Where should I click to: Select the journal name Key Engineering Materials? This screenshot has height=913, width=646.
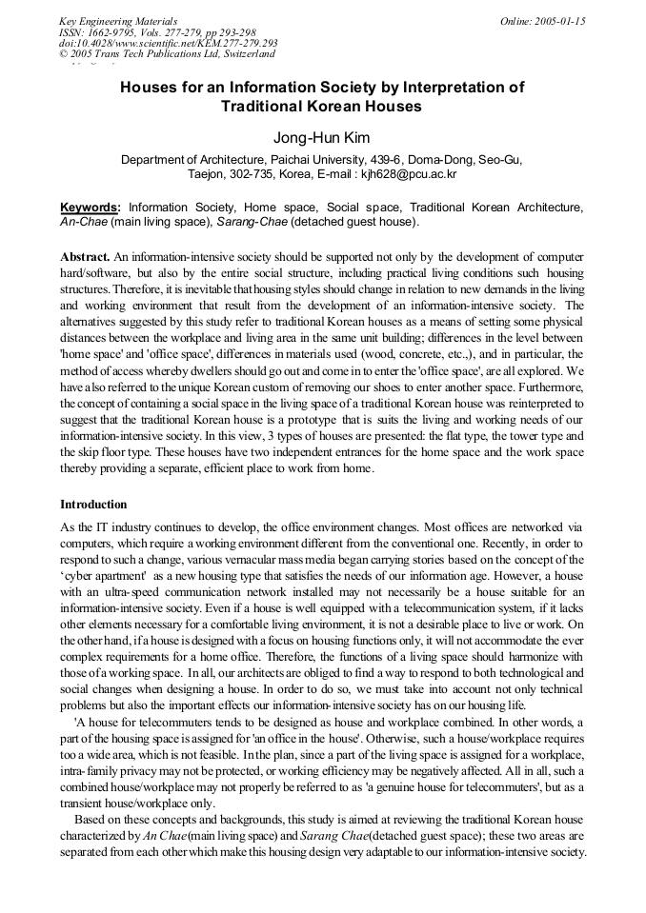pyautogui.click(x=118, y=21)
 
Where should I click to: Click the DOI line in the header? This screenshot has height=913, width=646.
pyautogui.click(x=168, y=44)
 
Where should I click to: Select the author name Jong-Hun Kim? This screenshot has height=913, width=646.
pyautogui.click(x=322, y=138)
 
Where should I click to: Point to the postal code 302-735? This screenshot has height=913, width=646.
pyautogui.click(x=248, y=174)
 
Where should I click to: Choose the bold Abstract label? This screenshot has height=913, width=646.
pyautogui.click(x=85, y=256)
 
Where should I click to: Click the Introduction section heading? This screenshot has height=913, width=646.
pyautogui.click(x=92, y=504)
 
